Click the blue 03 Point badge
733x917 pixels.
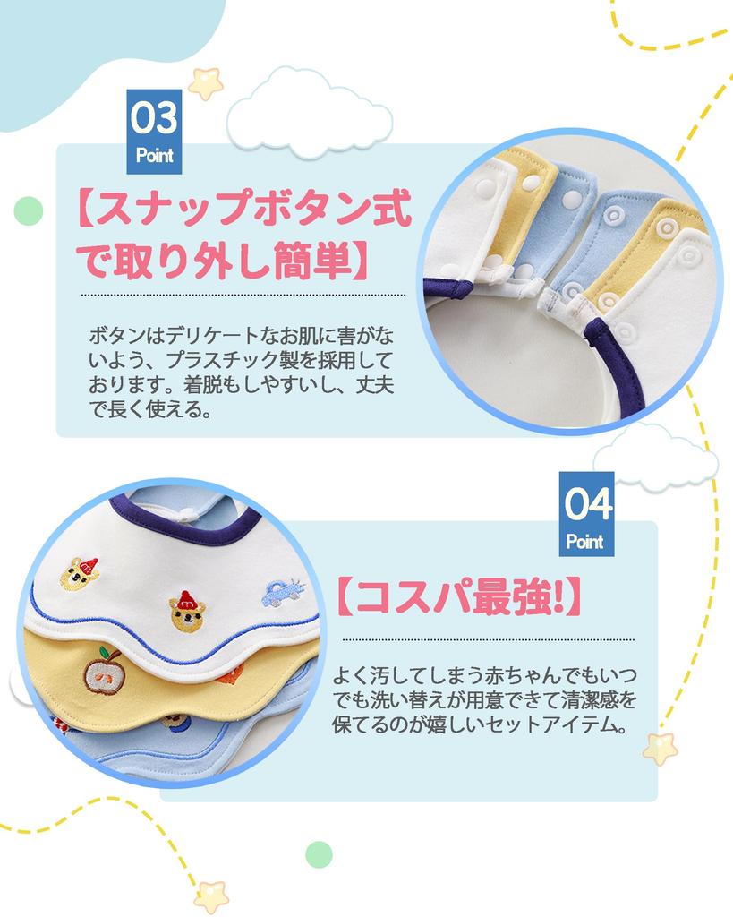[154, 131]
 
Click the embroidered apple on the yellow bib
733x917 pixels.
[106, 672]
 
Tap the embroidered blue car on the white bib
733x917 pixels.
[282, 590]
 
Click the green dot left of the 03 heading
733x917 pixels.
[29, 211]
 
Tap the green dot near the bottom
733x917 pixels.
[319, 853]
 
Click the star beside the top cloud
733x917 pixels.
[206, 82]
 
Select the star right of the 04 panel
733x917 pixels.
[660, 748]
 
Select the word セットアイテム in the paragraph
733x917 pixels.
[554, 724]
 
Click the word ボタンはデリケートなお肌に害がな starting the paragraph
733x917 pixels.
[241, 338]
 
